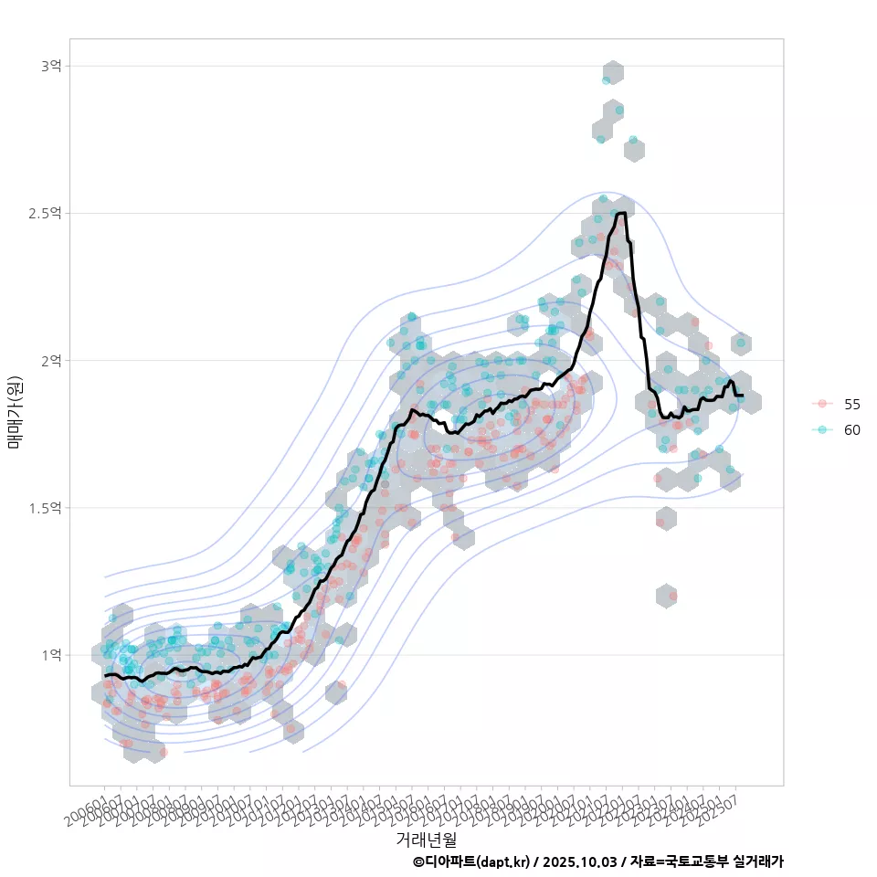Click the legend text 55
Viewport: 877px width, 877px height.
coord(851,404)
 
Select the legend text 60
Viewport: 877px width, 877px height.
coord(851,429)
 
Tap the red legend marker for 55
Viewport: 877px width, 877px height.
coord(822,404)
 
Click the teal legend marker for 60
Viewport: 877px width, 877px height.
coord(822,429)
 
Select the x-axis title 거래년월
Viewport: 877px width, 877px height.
coord(426,839)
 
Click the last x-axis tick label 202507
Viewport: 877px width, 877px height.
coord(722,804)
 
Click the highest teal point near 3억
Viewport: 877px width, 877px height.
coord(606,80)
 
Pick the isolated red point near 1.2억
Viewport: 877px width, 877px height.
coord(672,596)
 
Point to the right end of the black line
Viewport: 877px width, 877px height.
coord(742,395)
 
